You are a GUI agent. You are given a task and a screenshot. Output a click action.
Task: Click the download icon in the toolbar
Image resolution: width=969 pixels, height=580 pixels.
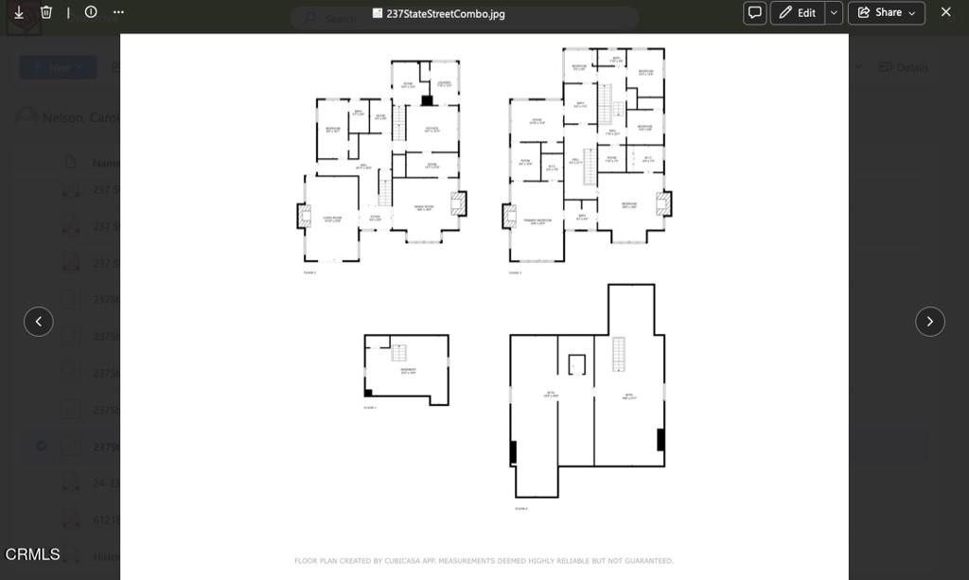pos(19,12)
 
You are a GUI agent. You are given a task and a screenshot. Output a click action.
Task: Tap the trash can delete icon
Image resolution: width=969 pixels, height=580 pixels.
pos(46,12)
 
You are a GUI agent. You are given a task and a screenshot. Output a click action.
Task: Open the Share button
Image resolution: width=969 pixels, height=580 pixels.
pos(887,12)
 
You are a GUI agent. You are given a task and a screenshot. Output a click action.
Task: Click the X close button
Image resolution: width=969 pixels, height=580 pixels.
pos(945,12)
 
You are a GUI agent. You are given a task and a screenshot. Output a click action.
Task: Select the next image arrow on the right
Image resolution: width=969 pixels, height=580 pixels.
pos(929,322)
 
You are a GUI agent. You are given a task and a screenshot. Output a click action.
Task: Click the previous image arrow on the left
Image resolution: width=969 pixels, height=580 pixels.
pos(39,322)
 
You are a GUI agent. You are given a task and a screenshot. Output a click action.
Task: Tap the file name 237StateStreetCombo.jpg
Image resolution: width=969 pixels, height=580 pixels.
pos(445,14)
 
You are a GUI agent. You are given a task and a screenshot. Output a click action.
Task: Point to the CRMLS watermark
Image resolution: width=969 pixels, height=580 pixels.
pos(33,554)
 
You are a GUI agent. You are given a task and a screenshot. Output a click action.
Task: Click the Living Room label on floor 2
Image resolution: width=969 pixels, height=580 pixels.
pos(332,219)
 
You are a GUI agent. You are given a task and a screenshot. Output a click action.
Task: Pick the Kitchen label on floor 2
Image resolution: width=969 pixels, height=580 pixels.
pos(432,130)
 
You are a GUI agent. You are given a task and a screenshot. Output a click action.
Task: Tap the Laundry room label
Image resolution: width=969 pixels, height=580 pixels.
pos(444,84)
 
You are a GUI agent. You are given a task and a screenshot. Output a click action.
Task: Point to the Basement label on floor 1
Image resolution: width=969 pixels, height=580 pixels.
pos(408,372)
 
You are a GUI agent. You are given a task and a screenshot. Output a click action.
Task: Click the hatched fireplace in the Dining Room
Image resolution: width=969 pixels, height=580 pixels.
pos(458,204)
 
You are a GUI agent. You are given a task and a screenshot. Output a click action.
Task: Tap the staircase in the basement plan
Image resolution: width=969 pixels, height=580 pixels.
pos(399,353)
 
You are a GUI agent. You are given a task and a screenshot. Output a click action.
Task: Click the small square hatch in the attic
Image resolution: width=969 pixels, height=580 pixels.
pos(576,364)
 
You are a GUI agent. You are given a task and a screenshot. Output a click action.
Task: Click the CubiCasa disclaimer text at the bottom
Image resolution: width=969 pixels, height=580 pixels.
pos(484,561)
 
